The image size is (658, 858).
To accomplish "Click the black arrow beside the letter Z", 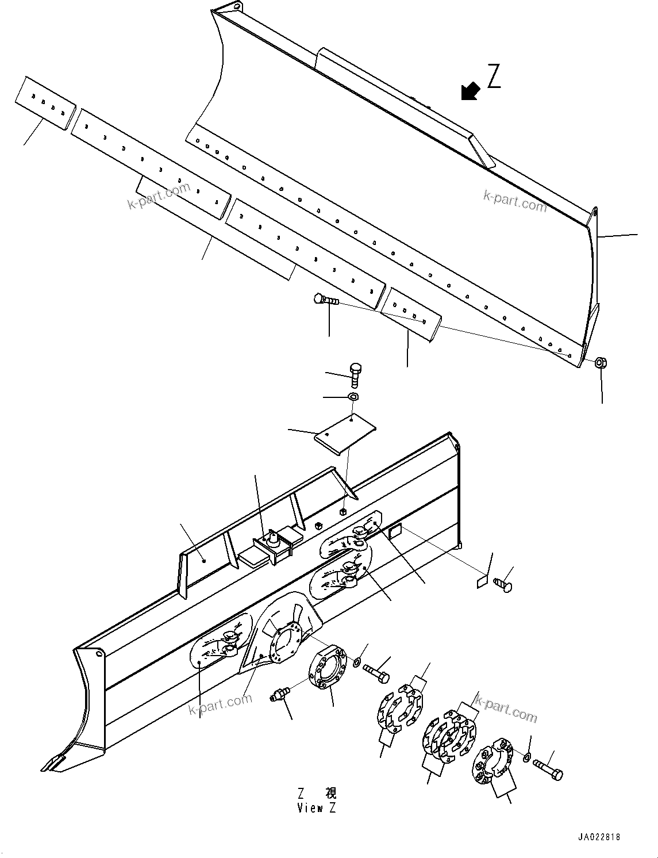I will click(471, 91).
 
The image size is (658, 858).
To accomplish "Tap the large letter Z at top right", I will click(494, 77).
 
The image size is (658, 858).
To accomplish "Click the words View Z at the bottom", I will click(317, 808).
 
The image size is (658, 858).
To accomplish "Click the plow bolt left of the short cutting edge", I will click(325, 300).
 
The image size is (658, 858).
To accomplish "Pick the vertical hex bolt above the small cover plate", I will click(356, 374).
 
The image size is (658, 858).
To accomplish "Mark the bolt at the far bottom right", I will click(548, 768).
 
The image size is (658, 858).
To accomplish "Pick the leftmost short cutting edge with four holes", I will click(45, 104).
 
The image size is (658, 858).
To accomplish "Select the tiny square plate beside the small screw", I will click(482, 582).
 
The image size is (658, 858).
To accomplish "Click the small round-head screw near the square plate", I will click(503, 585).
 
